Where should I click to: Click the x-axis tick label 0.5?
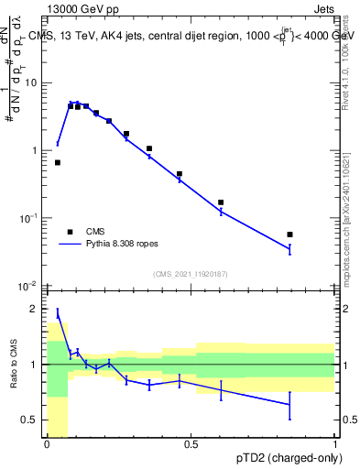point(191,444)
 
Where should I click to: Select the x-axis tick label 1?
point(335,444)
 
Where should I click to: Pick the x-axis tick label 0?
point(47,444)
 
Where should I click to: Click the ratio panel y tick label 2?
point(36,309)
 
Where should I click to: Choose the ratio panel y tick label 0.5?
point(32,420)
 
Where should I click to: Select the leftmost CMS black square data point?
point(58,162)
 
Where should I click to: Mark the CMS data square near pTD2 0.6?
point(221,202)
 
